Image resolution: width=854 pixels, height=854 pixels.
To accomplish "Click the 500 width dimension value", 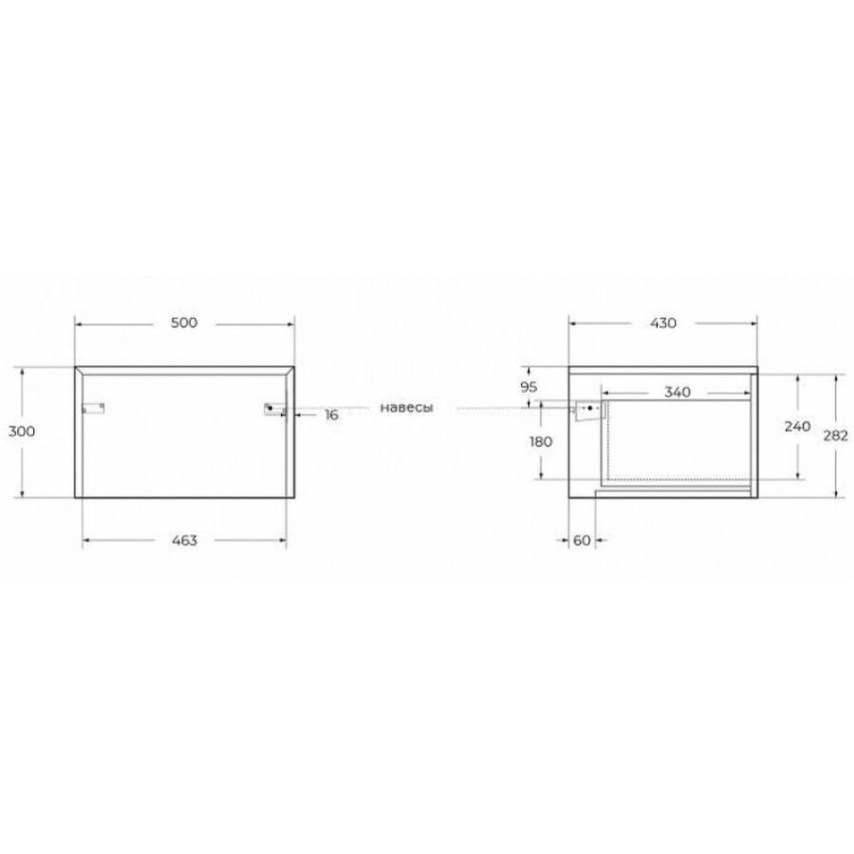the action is pyautogui.click(x=184, y=323).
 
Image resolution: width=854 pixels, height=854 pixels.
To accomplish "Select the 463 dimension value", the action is pyautogui.click(x=185, y=540).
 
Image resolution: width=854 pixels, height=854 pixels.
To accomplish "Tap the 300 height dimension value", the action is pyautogui.click(x=22, y=432).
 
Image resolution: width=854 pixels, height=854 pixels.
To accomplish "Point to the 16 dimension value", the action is pyautogui.click(x=332, y=415).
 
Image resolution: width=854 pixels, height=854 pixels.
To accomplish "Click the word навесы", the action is pyautogui.click(x=406, y=407).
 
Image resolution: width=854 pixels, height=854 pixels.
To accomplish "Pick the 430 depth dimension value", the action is pyautogui.click(x=663, y=323).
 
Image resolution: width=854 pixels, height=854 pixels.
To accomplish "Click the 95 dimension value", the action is pyautogui.click(x=529, y=387).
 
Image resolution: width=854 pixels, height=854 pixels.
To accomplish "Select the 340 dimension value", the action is pyautogui.click(x=678, y=392).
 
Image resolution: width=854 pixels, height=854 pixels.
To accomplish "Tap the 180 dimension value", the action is pyautogui.click(x=541, y=441).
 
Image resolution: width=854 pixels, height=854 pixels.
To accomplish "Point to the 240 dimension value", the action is pyautogui.click(x=797, y=426).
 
